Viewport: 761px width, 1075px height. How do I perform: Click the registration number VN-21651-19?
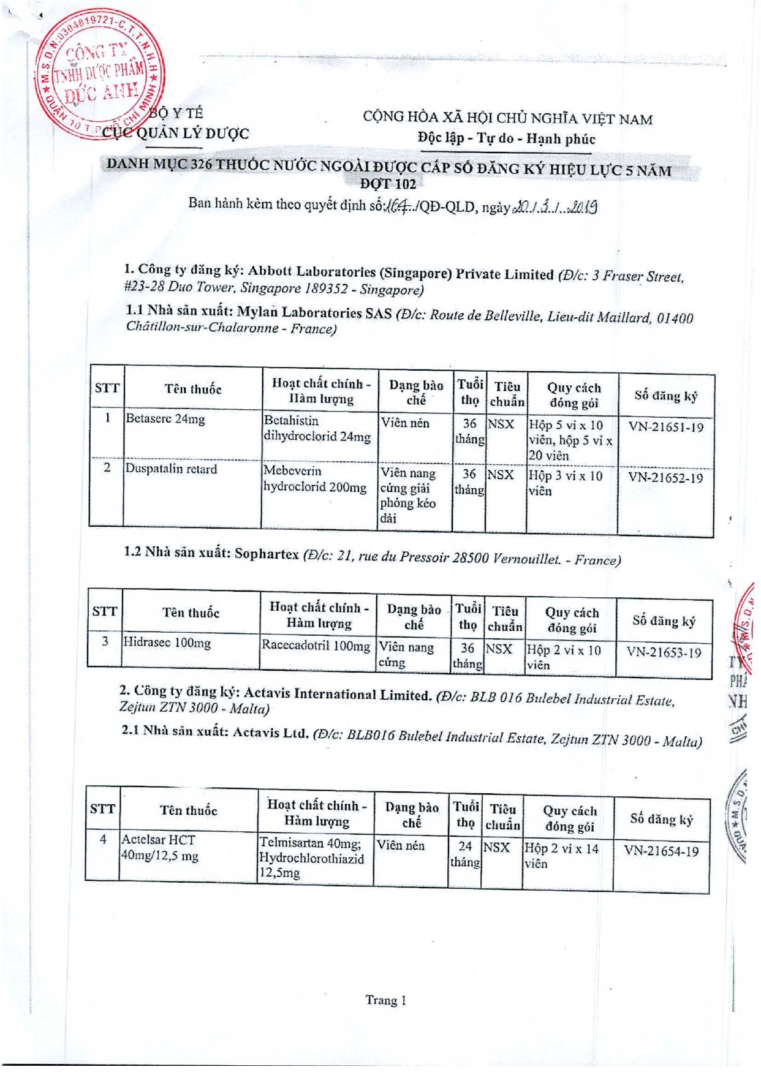[665, 427]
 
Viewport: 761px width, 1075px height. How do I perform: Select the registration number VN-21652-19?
[665, 477]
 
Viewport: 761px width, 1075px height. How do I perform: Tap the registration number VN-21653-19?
[663, 652]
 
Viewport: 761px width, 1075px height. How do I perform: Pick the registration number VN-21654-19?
[661, 851]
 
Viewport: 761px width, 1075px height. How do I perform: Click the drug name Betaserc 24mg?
[165, 419]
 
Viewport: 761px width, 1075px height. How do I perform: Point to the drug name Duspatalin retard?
[171, 469]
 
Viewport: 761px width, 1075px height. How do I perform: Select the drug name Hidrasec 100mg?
[167, 643]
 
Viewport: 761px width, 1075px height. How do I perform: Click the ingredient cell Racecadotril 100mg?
[316, 646]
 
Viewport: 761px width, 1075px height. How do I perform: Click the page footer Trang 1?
[385, 1000]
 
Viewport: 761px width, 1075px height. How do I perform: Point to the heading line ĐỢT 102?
[387, 184]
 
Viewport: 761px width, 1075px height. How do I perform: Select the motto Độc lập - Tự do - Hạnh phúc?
[506, 138]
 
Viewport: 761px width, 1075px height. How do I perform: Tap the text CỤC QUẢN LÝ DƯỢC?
[175, 133]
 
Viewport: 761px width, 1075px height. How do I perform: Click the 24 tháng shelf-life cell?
[464, 854]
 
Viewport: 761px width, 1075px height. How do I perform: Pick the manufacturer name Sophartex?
[267, 554]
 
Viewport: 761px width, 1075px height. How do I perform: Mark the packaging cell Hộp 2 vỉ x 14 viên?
[561, 856]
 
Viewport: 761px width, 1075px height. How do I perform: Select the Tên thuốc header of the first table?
[192, 389]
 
